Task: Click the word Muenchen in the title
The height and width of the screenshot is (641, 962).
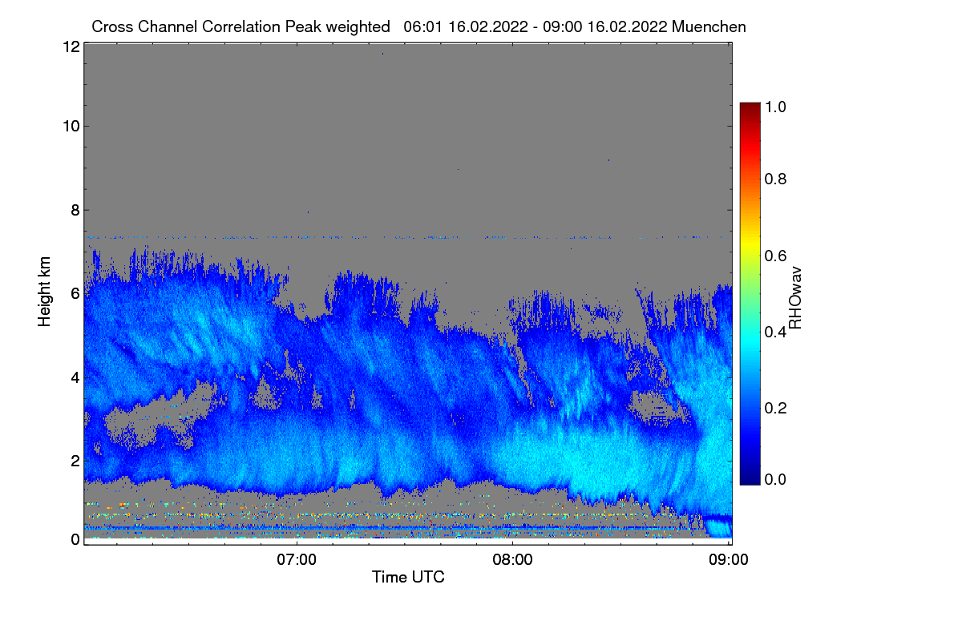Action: point(709,26)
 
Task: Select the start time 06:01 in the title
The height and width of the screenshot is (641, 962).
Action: point(422,26)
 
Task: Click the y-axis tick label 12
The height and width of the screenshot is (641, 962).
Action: point(71,46)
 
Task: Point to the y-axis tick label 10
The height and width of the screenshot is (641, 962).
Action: point(71,127)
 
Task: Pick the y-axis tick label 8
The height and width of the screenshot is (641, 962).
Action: point(75,210)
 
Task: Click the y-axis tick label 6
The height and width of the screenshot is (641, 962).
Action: point(75,294)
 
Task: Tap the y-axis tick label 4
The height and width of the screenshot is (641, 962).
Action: point(75,378)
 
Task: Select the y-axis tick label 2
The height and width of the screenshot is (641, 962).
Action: point(75,461)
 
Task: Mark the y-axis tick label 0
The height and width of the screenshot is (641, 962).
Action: point(75,539)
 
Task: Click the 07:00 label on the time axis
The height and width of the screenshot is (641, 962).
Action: point(297,560)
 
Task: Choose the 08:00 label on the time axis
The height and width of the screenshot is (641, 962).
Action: point(512,560)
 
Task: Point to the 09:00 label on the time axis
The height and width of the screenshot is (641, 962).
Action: point(729,560)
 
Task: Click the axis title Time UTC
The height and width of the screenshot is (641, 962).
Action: point(408,577)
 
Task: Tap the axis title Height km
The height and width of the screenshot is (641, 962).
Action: point(44,292)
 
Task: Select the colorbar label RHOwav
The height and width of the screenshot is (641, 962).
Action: point(795,298)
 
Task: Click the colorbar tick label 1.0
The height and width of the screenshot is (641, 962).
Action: point(775,107)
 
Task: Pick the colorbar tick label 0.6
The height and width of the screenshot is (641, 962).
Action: point(775,256)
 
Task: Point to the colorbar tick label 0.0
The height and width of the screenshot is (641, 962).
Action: point(775,479)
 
